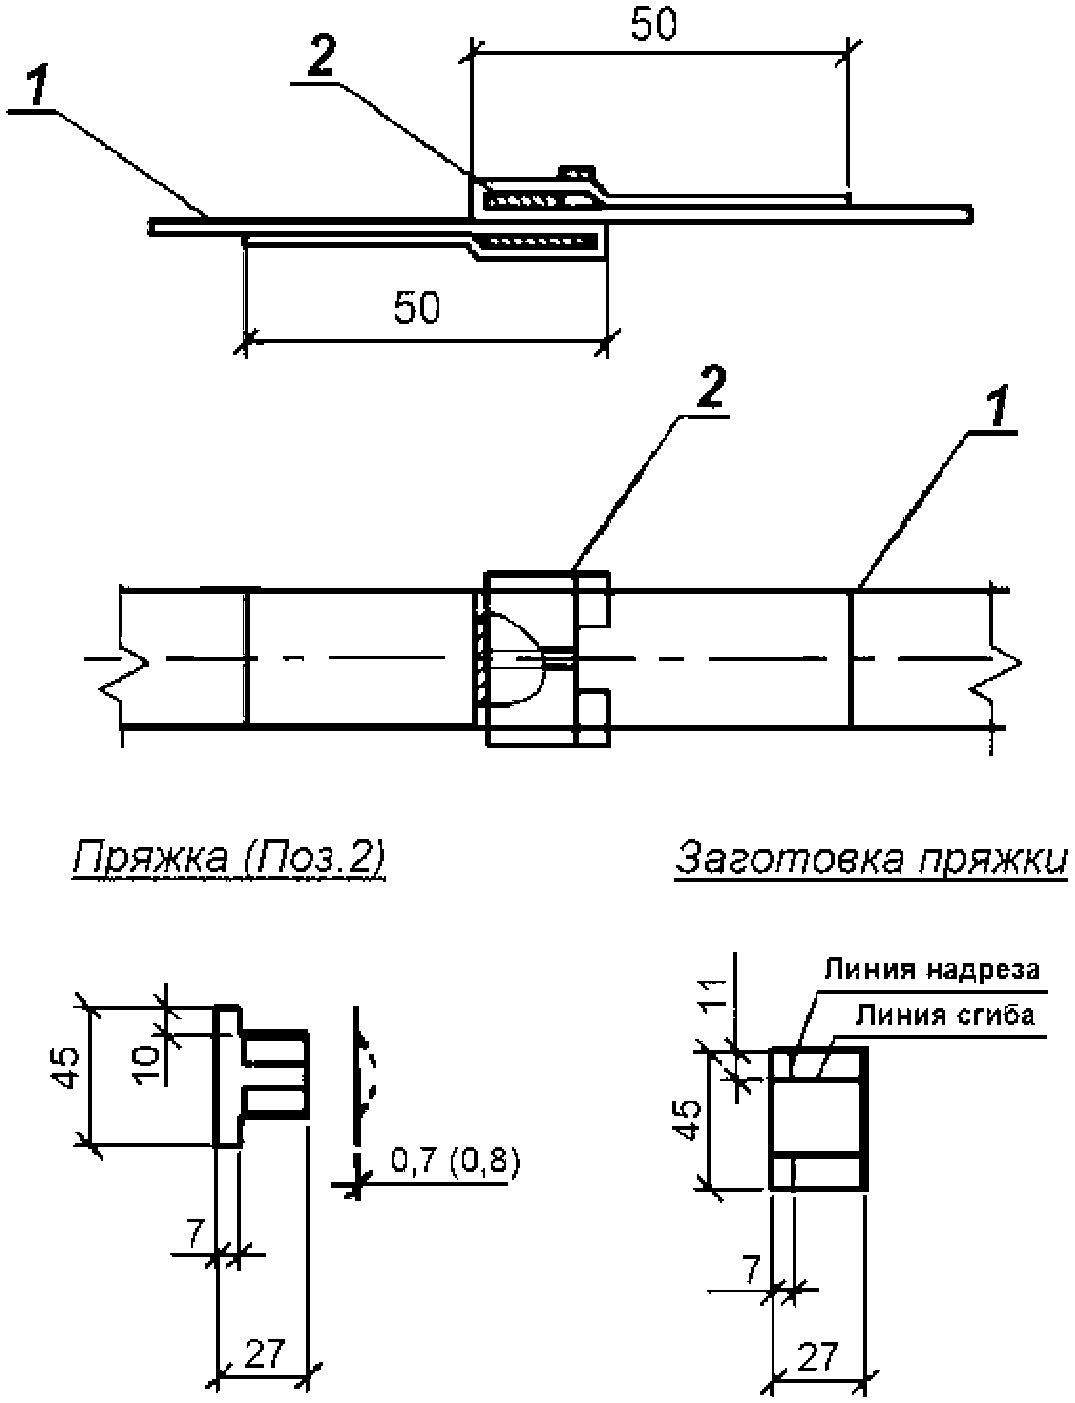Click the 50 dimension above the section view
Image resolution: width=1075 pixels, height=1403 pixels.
click(x=653, y=26)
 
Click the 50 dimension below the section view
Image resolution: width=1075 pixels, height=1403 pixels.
click(x=416, y=307)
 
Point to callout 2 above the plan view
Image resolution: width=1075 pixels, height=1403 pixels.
click(x=710, y=388)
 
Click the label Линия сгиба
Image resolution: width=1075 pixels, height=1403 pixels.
click(x=945, y=1016)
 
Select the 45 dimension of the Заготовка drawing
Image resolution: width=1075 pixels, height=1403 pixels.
click(x=690, y=1121)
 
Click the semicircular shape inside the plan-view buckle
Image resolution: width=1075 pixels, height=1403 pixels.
click(x=517, y=659)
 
